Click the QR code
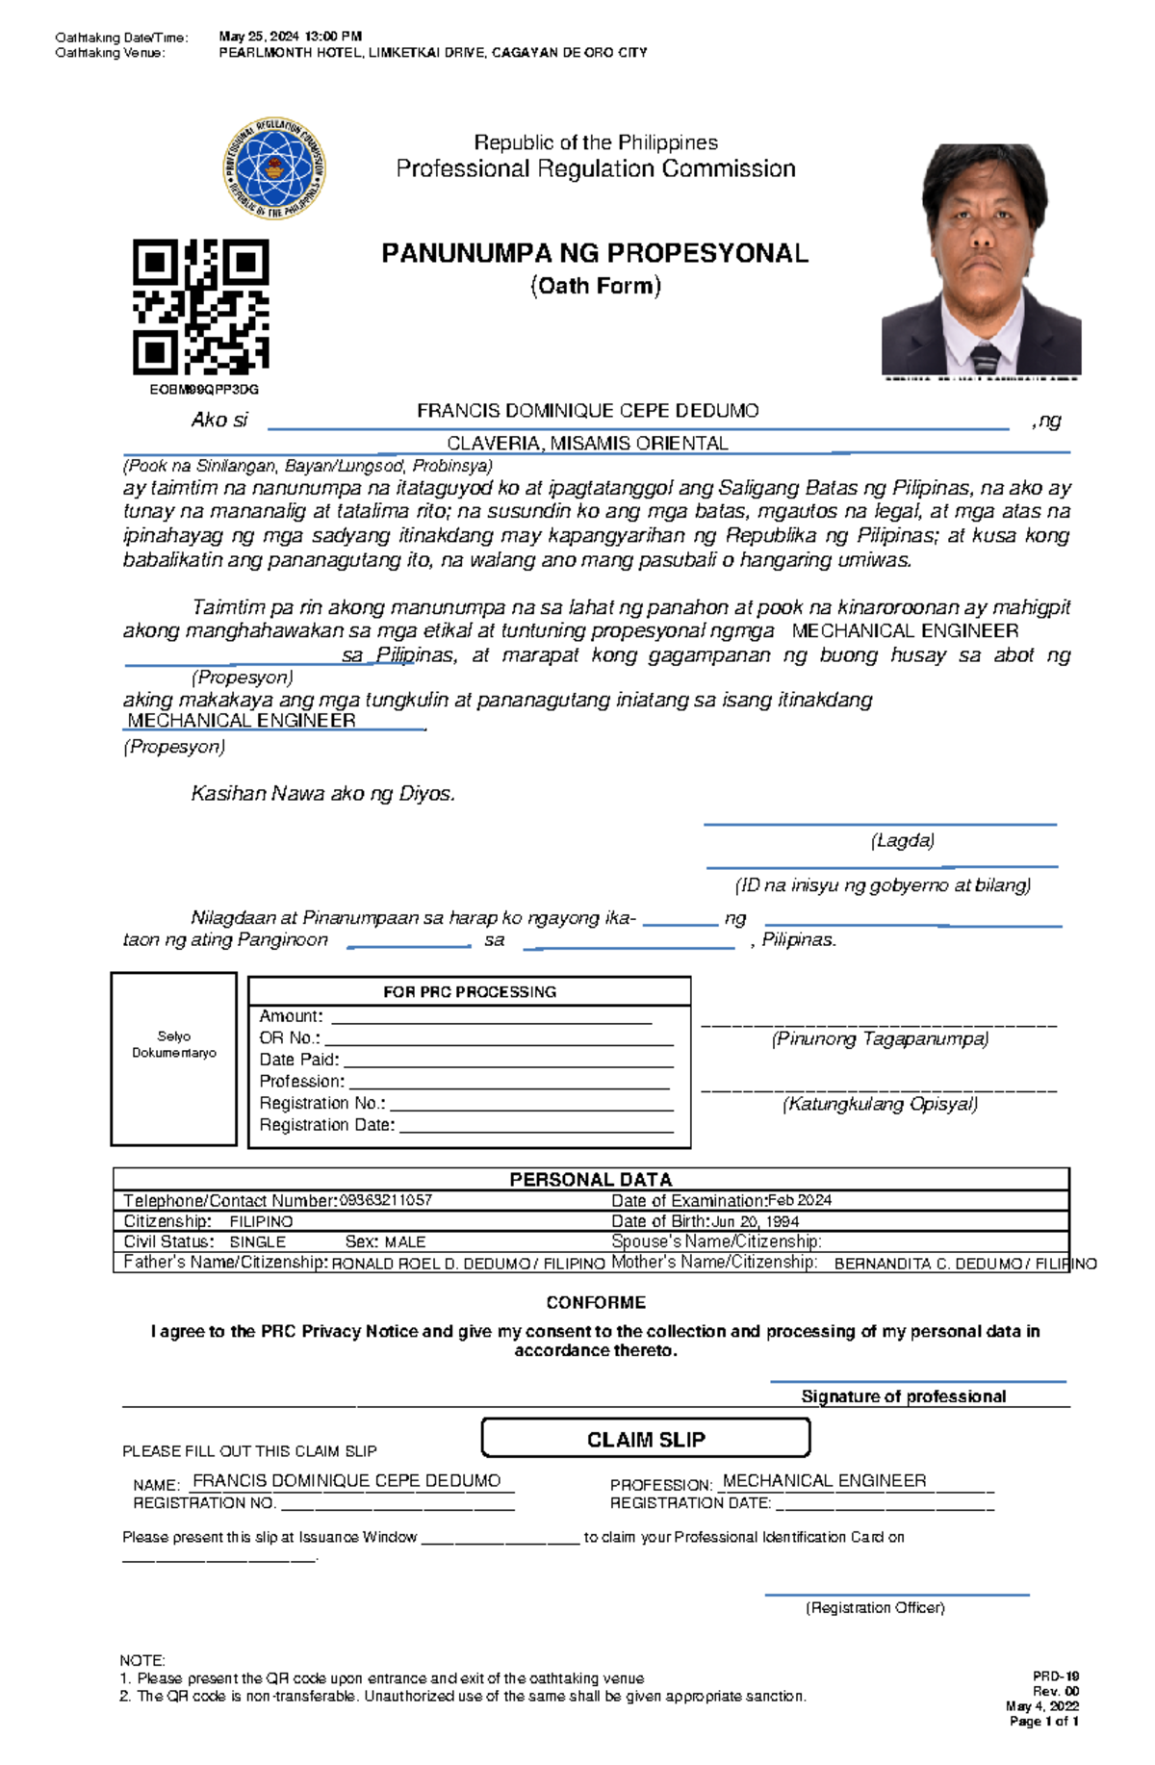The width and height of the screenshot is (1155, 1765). pos(200,307)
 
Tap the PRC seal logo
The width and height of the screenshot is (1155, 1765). pos(274,168)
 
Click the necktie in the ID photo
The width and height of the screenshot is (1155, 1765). pos(985,357)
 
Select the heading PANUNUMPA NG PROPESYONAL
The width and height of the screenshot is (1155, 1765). pos(595,254)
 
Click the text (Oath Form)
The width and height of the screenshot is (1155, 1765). pos(595,286)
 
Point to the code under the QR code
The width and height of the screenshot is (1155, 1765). pos(204,390)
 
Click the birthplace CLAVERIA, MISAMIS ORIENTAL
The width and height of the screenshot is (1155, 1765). pos(587,444)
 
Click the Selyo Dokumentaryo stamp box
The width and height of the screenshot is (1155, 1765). pos(174,1059)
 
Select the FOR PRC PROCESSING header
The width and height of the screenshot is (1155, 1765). pos(470,992)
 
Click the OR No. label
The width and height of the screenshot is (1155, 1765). pos(289,1038)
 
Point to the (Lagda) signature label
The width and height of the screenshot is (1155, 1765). pos(902,841)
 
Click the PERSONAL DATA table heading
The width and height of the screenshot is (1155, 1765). pos(590,1179)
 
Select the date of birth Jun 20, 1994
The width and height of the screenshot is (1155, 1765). pos(755,1221)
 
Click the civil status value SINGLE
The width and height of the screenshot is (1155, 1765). pos(257,1242)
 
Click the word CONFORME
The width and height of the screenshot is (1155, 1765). pos(596,1303)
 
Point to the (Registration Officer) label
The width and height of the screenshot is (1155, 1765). pos(875,1608)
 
